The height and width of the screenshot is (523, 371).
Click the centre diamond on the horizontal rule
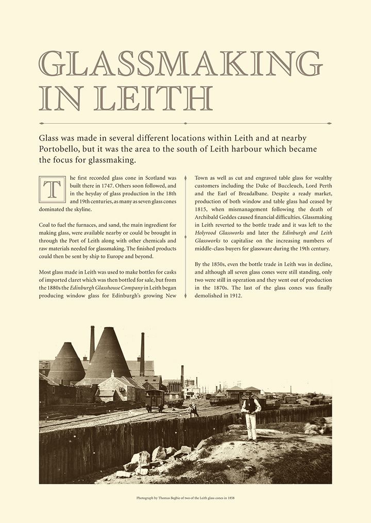[185, 124]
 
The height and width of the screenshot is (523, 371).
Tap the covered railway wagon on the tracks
[155, 398]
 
